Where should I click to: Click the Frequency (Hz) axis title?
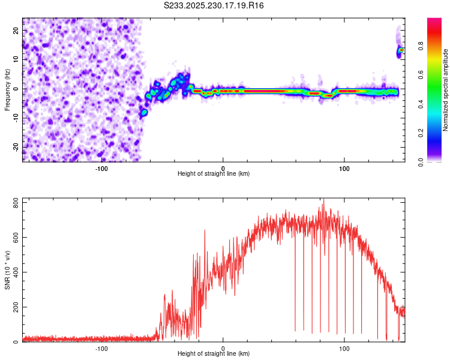pyautogui.click(x=7, y=89)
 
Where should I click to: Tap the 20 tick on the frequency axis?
pyautogui.click(x=17, y=30)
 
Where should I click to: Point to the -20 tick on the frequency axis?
pyautogui.click(x=17, y=147)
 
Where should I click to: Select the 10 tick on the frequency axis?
pyautogui.click(x=17, y=59)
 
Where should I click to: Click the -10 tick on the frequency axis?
pyautogui.click(x=17, y=118)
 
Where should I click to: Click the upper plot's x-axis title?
pyautogui.click(x=214, y=173)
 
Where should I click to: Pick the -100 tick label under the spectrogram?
pyautogui.click(x=101, y=168)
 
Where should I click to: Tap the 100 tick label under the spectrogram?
pyautogui.click(x=344, y=168)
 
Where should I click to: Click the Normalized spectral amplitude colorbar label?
pyautogui.click(x=445, y=90)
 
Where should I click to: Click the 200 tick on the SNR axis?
pyautogui.click(x=15, y=307)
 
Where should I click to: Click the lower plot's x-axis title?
pyautogui.click(x=214, y=353)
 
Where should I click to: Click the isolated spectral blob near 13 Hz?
pyautogui.click(x=400, y=51)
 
